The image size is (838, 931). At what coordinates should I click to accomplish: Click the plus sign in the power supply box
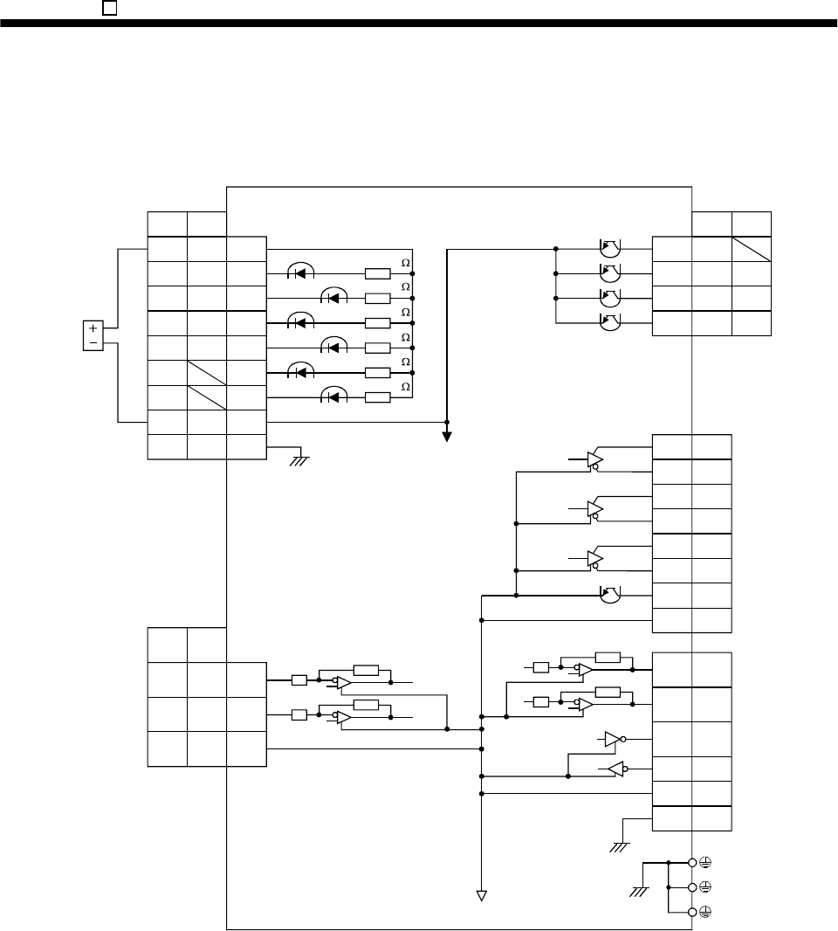(x=91, y=328)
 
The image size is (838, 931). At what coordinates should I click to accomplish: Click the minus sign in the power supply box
(x=91, y=341)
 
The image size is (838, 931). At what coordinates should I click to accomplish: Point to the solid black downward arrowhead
(x=447, y=436)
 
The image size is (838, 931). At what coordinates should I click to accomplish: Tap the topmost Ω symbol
(x=404, y=262)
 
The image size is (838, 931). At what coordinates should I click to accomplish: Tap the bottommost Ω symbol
(x=404, y=386)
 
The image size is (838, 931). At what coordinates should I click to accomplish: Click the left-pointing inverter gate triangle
(x=615, y=769)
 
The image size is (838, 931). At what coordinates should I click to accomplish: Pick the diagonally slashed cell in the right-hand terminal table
(x=752, y=249)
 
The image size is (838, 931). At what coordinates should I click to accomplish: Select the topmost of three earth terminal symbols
(x=704, y=862)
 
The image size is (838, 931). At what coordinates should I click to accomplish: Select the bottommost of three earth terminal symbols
(x=704, y=912)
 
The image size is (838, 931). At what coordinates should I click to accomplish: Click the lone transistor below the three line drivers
(x=609, y=596)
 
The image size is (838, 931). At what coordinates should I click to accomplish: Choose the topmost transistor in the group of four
(x=609, y=249)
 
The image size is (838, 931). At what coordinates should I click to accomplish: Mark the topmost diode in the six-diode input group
(x=300, y=273)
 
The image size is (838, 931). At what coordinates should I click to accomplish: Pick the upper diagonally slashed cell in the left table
(x=207, y=373)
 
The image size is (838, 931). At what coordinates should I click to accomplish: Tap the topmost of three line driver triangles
(x=594, y=459)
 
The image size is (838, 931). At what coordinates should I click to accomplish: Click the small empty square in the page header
(x=109, y=7)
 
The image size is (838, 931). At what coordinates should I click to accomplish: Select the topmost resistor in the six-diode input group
(x=378, y=273)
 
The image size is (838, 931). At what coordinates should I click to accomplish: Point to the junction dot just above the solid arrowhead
(x=447, y=423)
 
